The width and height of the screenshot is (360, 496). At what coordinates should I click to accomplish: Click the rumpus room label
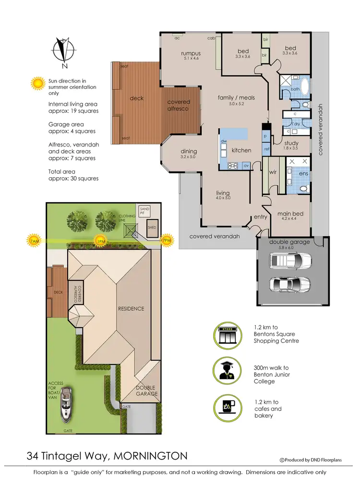[191, 53]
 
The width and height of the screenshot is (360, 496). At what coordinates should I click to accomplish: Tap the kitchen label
[241, 150]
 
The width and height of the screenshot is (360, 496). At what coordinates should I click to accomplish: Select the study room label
[291, 143]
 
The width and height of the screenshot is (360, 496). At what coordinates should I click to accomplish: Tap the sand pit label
[144, 211]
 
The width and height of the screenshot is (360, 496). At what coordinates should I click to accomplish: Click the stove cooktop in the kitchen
[232, 166]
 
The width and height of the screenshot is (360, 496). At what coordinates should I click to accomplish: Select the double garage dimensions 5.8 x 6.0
[289, 248]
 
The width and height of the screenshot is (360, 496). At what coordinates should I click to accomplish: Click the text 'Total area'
[61, 171]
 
